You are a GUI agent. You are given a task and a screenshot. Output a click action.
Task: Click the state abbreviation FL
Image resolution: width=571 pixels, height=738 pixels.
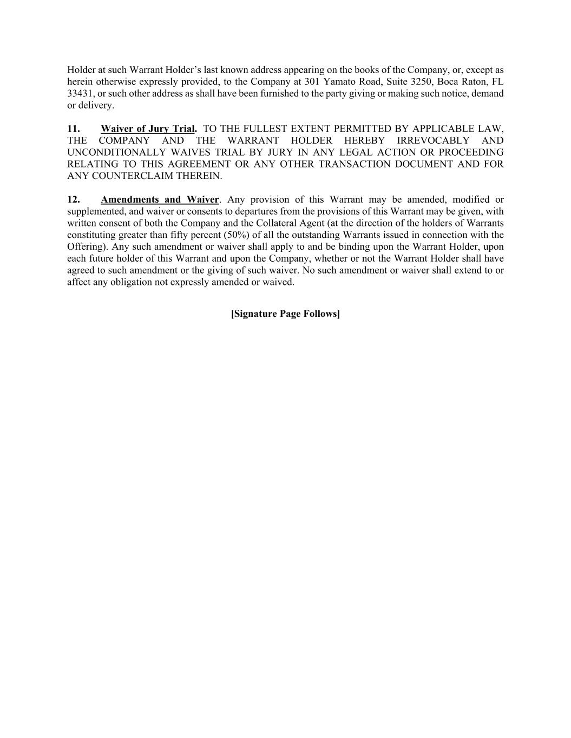[497, 82]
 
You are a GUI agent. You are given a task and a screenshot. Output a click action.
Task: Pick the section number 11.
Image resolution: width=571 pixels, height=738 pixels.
[74, 129]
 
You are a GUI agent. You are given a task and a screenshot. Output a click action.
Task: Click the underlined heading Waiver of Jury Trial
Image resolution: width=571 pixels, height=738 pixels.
[148, 129]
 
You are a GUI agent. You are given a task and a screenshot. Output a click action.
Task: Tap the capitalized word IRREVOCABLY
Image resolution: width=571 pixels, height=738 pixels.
[433, 141]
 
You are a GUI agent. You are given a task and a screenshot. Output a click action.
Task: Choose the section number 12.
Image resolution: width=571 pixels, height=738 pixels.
[74, 200]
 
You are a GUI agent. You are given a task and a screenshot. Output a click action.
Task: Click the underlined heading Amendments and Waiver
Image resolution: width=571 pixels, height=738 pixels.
[160, 200]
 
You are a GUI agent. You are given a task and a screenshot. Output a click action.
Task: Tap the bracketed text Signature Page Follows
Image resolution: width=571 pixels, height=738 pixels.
[285, 314]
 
